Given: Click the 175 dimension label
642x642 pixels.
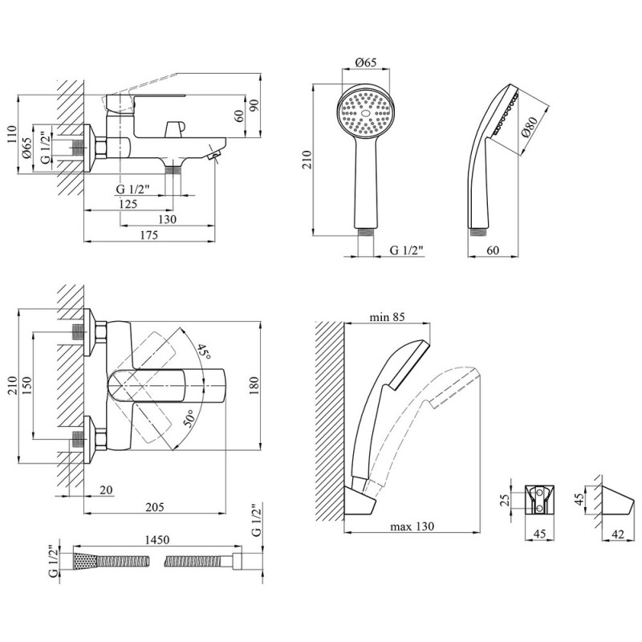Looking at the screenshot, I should (148, 235).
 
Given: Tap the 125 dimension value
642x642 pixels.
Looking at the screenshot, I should (126, 204).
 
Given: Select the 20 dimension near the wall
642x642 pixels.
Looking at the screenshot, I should (107, 490).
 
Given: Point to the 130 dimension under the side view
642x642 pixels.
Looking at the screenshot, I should (168, 220).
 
